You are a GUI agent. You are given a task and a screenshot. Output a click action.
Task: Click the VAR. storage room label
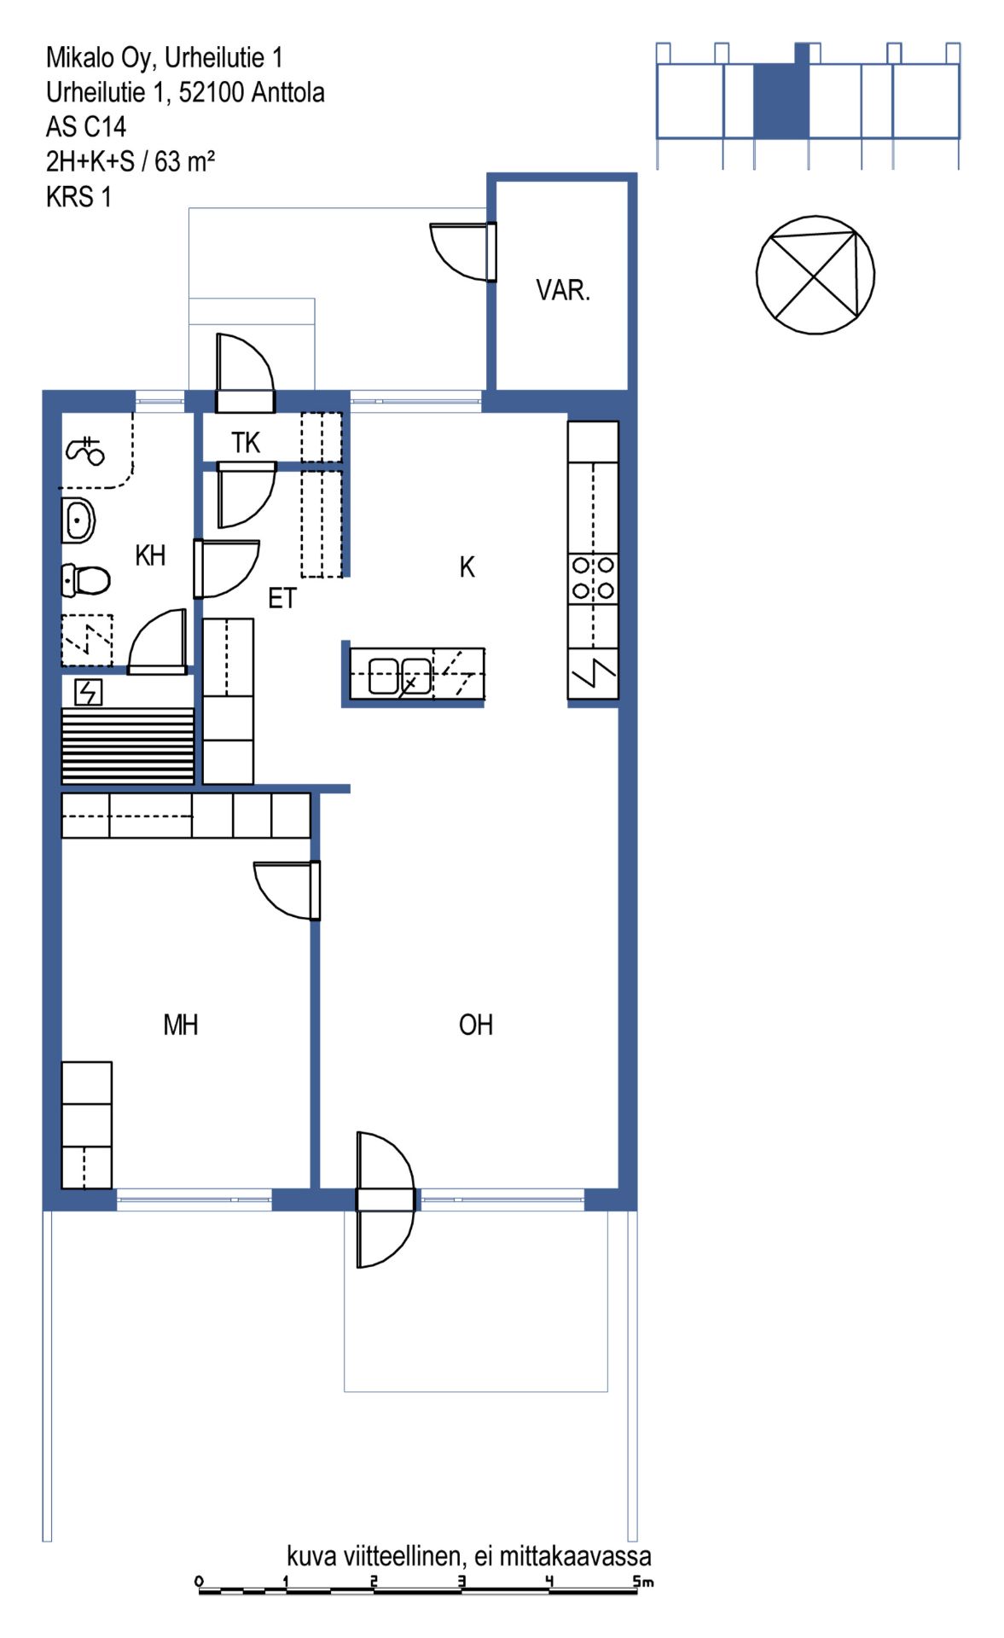point(563,291)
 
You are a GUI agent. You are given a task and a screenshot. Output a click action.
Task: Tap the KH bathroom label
point(150,555)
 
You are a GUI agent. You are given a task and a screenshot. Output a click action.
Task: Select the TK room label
point(246,443)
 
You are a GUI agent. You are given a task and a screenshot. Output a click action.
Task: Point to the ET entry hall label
point(282,598)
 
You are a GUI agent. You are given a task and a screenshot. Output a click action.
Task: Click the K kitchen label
point(467,567)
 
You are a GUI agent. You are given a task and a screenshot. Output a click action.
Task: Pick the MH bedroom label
point(181,1025)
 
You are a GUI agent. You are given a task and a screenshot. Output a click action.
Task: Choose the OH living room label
point(476,1025)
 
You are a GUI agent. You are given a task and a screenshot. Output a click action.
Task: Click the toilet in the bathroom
point(86,581)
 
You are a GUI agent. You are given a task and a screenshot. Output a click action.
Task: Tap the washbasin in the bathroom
point(78,520)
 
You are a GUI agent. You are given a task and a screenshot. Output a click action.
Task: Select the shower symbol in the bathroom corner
point(84,450)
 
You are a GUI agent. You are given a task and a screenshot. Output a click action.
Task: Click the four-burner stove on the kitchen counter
point(593,578)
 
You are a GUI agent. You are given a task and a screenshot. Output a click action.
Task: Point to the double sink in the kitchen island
point(400,676)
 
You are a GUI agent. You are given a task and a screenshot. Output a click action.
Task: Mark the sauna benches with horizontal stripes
point(127,746)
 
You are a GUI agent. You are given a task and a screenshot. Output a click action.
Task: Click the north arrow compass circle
point(815,275)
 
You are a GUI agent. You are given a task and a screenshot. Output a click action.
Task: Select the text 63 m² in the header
point(184,161)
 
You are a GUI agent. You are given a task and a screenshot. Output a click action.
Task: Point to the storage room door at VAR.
point(463,252)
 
